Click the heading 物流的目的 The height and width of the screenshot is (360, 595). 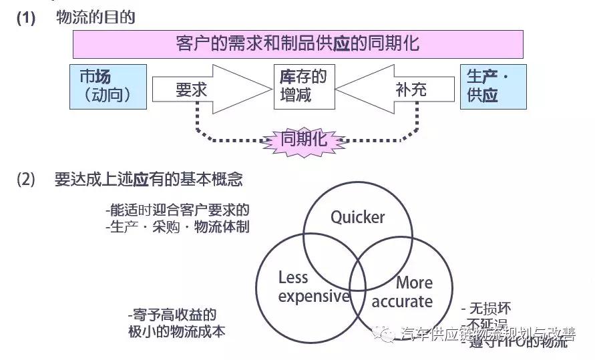[x=95, y=17]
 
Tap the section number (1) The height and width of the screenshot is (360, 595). [x=25, y=18]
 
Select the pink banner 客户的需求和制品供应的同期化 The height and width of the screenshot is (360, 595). [x=297, y=44]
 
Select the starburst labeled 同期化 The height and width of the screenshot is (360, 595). [x=303, y=139]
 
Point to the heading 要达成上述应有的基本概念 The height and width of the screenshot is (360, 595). [x=148, y=180]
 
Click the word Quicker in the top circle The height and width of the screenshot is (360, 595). [x=358, y=217]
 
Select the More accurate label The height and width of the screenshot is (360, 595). [x=404, y=292]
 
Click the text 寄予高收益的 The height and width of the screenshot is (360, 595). [x=172, y=315]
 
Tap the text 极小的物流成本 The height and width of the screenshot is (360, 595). [x=176, y=331]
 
